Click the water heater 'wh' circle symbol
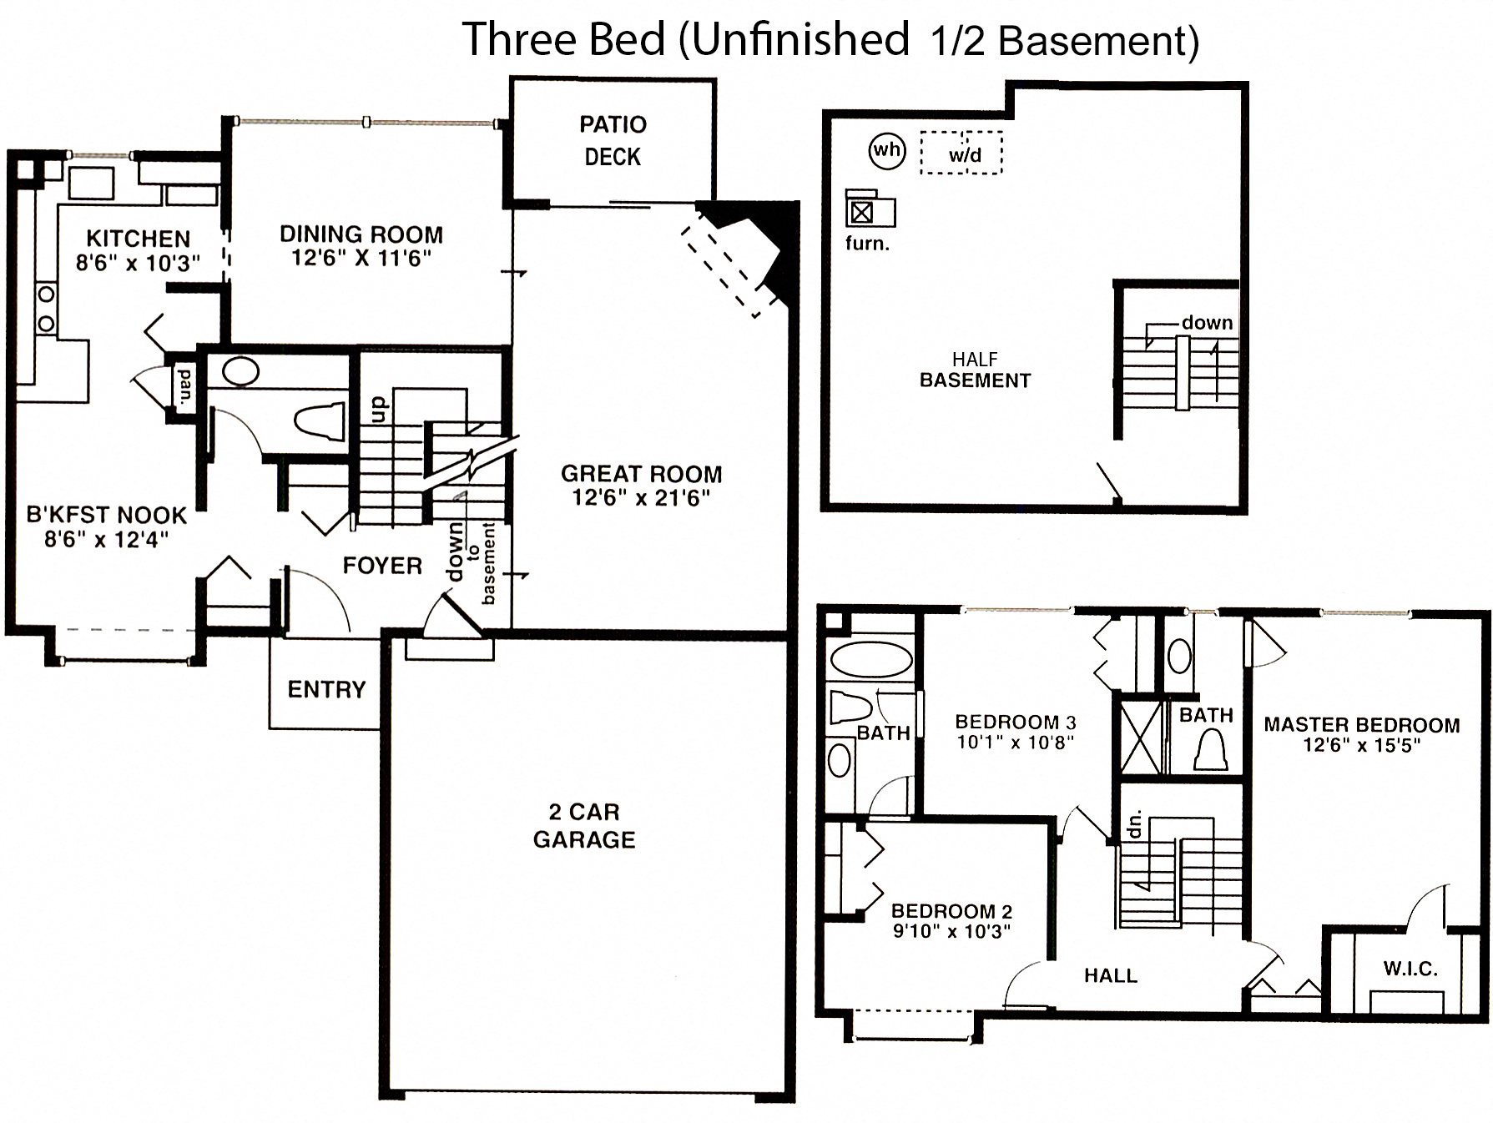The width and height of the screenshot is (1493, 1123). pos(886,151)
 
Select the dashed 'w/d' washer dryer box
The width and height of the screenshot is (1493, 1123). pos(961,153)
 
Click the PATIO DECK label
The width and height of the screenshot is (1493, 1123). pos(613,140)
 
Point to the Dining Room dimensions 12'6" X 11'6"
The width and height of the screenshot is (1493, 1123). pos(361,258)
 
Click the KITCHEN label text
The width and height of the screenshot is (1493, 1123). pos(138,239)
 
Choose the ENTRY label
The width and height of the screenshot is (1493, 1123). pos(326,689)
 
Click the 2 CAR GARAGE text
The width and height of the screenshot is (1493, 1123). pos(584,825)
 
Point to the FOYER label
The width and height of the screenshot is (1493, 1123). pos(382,566)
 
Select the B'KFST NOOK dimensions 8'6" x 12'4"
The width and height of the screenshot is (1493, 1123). pos(106,540)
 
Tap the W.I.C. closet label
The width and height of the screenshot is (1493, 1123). pos(1410,969)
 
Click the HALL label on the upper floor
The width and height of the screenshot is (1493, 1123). pos(1110,975)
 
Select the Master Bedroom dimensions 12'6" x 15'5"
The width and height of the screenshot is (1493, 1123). pos(1361,746)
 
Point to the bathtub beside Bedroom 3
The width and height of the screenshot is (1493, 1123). pos(871,659)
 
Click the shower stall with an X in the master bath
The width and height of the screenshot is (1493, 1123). pos(1140,738)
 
